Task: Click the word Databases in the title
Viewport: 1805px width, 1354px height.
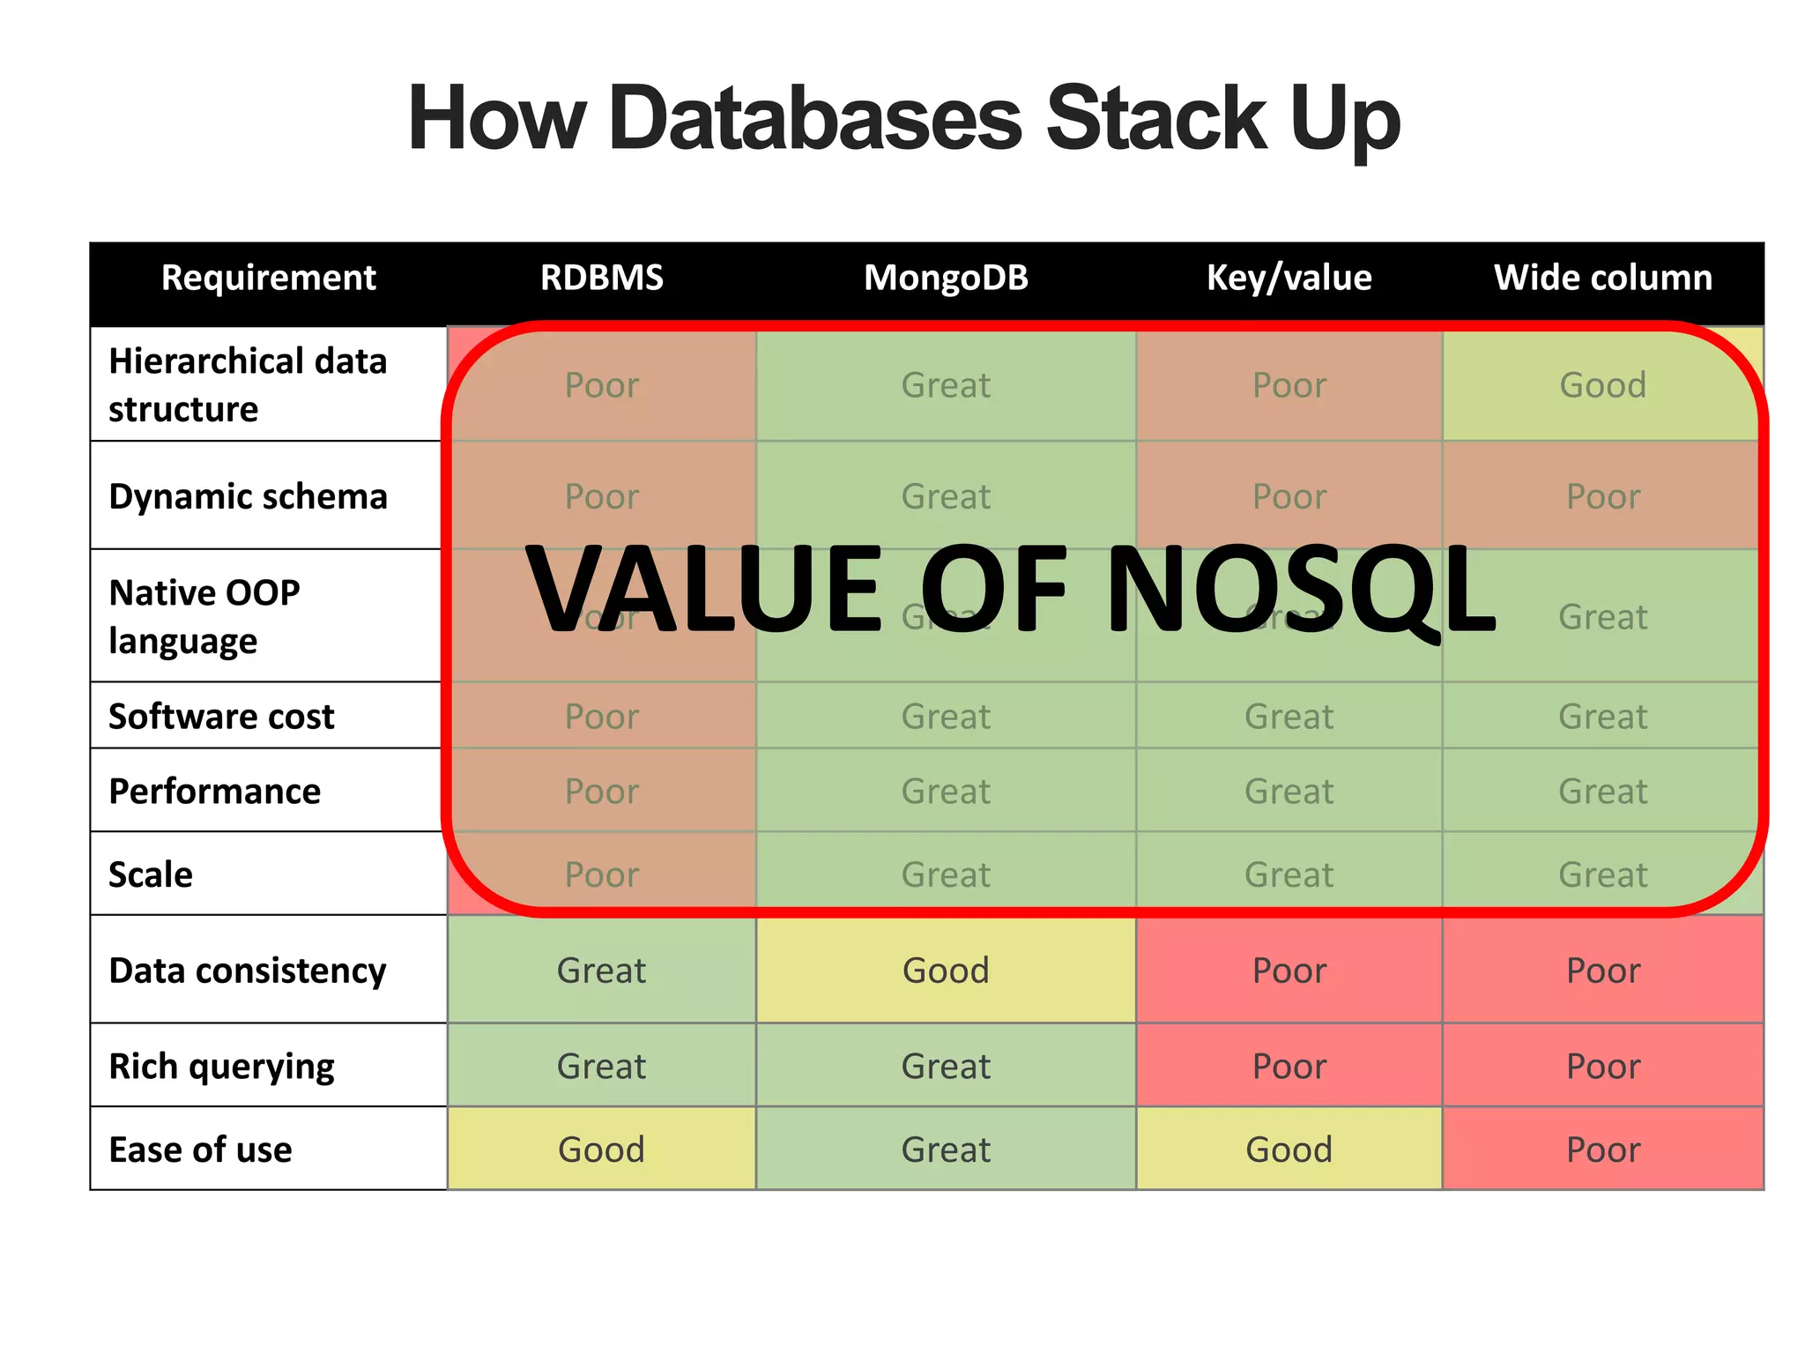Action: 814,119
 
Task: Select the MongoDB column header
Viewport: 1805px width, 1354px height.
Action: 946,278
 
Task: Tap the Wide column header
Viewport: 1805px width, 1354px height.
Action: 1602,278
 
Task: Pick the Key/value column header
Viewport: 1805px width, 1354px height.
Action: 1289,278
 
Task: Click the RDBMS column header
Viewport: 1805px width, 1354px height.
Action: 601,278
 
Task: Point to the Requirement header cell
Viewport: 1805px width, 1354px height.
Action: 268,278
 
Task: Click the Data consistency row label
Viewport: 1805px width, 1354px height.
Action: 248,971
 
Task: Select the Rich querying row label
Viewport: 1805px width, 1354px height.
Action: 221,1067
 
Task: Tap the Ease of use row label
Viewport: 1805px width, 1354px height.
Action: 200,1149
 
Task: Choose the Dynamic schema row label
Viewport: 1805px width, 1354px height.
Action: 248,496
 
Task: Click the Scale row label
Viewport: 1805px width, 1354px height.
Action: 151,874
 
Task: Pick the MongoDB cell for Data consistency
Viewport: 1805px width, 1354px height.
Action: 946,971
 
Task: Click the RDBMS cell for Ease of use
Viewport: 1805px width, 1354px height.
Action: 601,1149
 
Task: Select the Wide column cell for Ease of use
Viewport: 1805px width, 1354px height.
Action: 1602,1149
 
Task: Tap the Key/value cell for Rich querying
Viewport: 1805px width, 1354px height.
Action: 1289,1067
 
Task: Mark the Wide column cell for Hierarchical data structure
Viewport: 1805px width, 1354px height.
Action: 1602,385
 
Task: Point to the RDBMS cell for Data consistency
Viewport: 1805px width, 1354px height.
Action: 601,971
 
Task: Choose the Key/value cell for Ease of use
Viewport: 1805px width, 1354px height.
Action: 1289,1149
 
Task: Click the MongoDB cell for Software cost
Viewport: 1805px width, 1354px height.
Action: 946,717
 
